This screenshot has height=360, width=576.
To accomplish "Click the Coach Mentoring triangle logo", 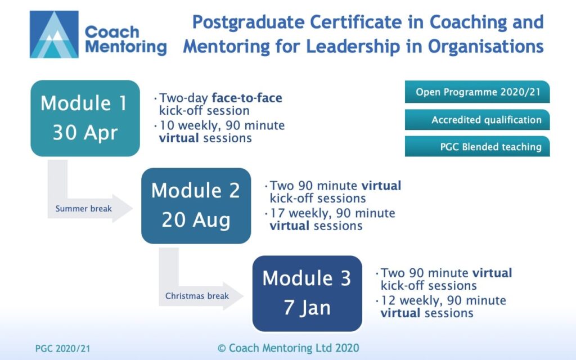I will [54, 34].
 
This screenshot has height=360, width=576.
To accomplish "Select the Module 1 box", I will [84, 118].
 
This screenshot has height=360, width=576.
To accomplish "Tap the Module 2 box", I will [196, 205].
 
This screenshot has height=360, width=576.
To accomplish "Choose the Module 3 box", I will [307, 293].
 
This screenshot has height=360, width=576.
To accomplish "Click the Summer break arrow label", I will [83, 209].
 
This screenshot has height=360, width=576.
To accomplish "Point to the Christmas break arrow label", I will [197, 296].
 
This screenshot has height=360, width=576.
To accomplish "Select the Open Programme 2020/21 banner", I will [477, 92].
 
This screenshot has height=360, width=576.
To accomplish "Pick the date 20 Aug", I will [196, 220].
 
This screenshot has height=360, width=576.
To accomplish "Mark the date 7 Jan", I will [307, 308].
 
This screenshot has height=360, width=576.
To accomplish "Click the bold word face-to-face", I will [247, 98].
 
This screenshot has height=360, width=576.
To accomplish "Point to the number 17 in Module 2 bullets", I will [277, 214].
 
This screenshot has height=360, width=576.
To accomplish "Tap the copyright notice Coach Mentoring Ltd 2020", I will [288, 348].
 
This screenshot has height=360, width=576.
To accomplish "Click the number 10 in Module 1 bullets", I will [166, 125].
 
